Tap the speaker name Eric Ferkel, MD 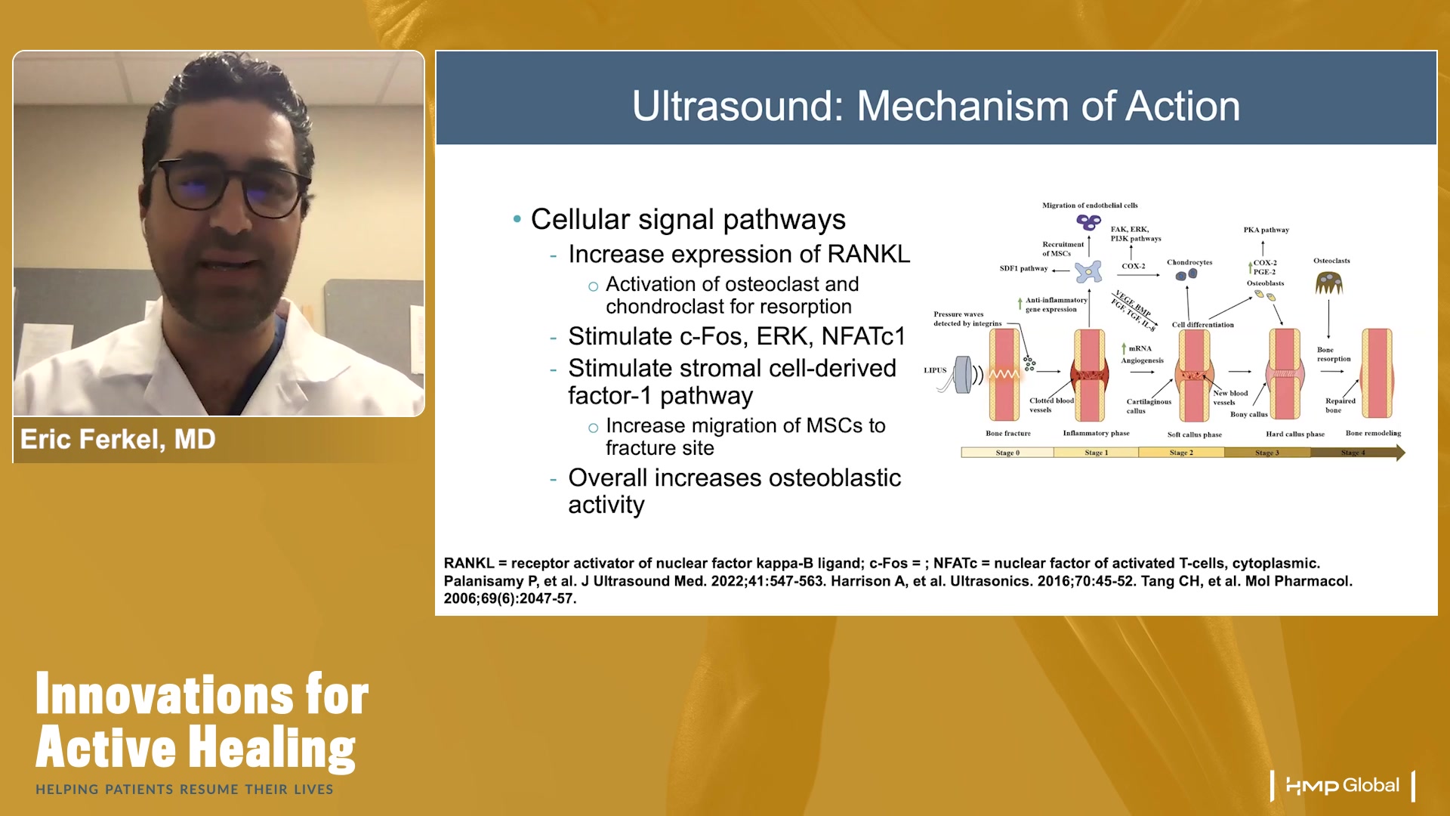tap(118, 439)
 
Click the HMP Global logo tap(1343, 786)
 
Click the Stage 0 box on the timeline tap(1007, 453)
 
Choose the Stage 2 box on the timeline tap(1181, 453)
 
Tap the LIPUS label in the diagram tap(935, 370)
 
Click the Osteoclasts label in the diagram tap(1331, 261)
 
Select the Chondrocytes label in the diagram tap(1189, 262)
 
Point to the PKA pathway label tap(1266, 230)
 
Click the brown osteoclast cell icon tap(1329, 283)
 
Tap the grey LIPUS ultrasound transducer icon tap(963, 374)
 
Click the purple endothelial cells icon tap(1088, 222)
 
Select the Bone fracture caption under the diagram tap(1007, 434)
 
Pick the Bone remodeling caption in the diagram tap(1373, 433)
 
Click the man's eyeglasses tap(227, 185)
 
